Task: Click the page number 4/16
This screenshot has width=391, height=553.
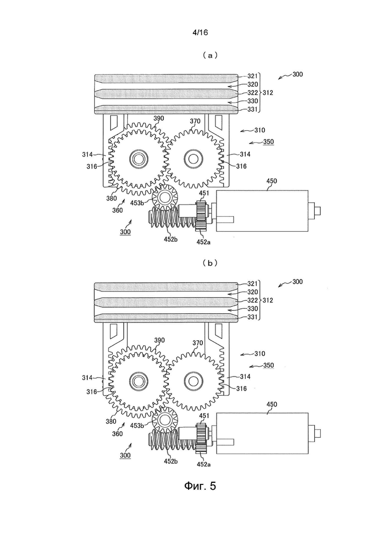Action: [x=200, y=33]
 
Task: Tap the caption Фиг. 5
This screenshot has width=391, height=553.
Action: [x=200, y=486]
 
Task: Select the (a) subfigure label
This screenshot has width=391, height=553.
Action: [x=210, y=55]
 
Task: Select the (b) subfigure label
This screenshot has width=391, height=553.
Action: [x=210, y=263]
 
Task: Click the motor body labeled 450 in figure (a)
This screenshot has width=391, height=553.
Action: [x=262, y=211]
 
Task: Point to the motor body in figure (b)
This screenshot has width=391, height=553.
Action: [x=262, y=434]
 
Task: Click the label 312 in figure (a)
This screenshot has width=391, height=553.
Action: [x=268, y=93]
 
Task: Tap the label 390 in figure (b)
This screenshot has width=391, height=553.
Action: [x=159, y=340]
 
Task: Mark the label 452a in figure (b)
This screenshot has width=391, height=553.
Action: [x=204, y=464]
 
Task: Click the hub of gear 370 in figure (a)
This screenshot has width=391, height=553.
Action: [x=193, y=157]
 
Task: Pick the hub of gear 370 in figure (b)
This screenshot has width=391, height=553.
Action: [x=193, y=381]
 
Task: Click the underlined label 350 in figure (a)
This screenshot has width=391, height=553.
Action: [x=268, y=142]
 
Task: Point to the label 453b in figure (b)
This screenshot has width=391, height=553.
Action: [x=137, y=426]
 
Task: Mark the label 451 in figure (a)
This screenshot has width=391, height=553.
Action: [x=204, y=193]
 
